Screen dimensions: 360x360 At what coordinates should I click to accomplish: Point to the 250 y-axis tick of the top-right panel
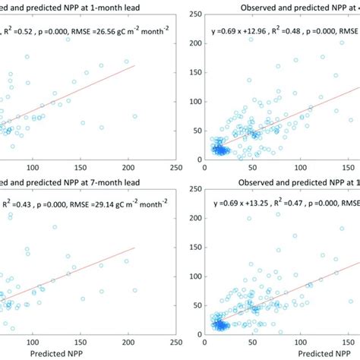(x=195, y=13)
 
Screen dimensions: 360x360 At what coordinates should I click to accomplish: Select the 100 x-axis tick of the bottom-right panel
(x=298, y=343)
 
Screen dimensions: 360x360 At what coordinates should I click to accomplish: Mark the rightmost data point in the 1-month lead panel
(x=134, y=116)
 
